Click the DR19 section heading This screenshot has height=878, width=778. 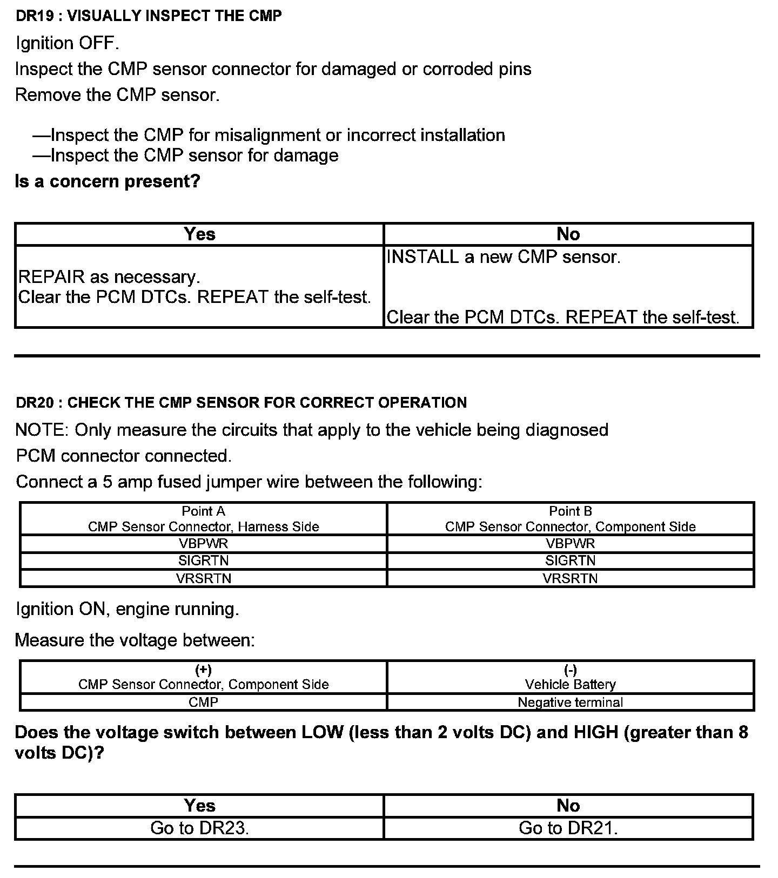149,16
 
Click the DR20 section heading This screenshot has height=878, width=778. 241,402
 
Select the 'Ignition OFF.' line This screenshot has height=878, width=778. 68,43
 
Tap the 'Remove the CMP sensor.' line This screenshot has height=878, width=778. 117,94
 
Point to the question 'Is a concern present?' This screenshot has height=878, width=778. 108,181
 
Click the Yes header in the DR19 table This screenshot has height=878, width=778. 199,234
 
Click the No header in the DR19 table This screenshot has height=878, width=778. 568,234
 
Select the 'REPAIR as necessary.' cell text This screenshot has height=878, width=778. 109,277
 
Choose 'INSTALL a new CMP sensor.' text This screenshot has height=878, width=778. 504,256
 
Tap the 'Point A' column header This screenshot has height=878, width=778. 203,511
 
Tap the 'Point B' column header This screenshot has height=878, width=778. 571,511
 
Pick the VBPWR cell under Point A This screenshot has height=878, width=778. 203,543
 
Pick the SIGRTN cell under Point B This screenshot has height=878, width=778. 571,560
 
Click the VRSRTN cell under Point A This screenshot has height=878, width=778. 203,578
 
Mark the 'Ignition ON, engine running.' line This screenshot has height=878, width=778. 127,609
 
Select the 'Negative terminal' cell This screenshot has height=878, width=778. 571,702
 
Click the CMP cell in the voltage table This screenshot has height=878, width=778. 203,702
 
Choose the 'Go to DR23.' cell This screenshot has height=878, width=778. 199,828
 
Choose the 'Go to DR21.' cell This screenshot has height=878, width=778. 568,828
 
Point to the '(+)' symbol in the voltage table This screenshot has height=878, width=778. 203,670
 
